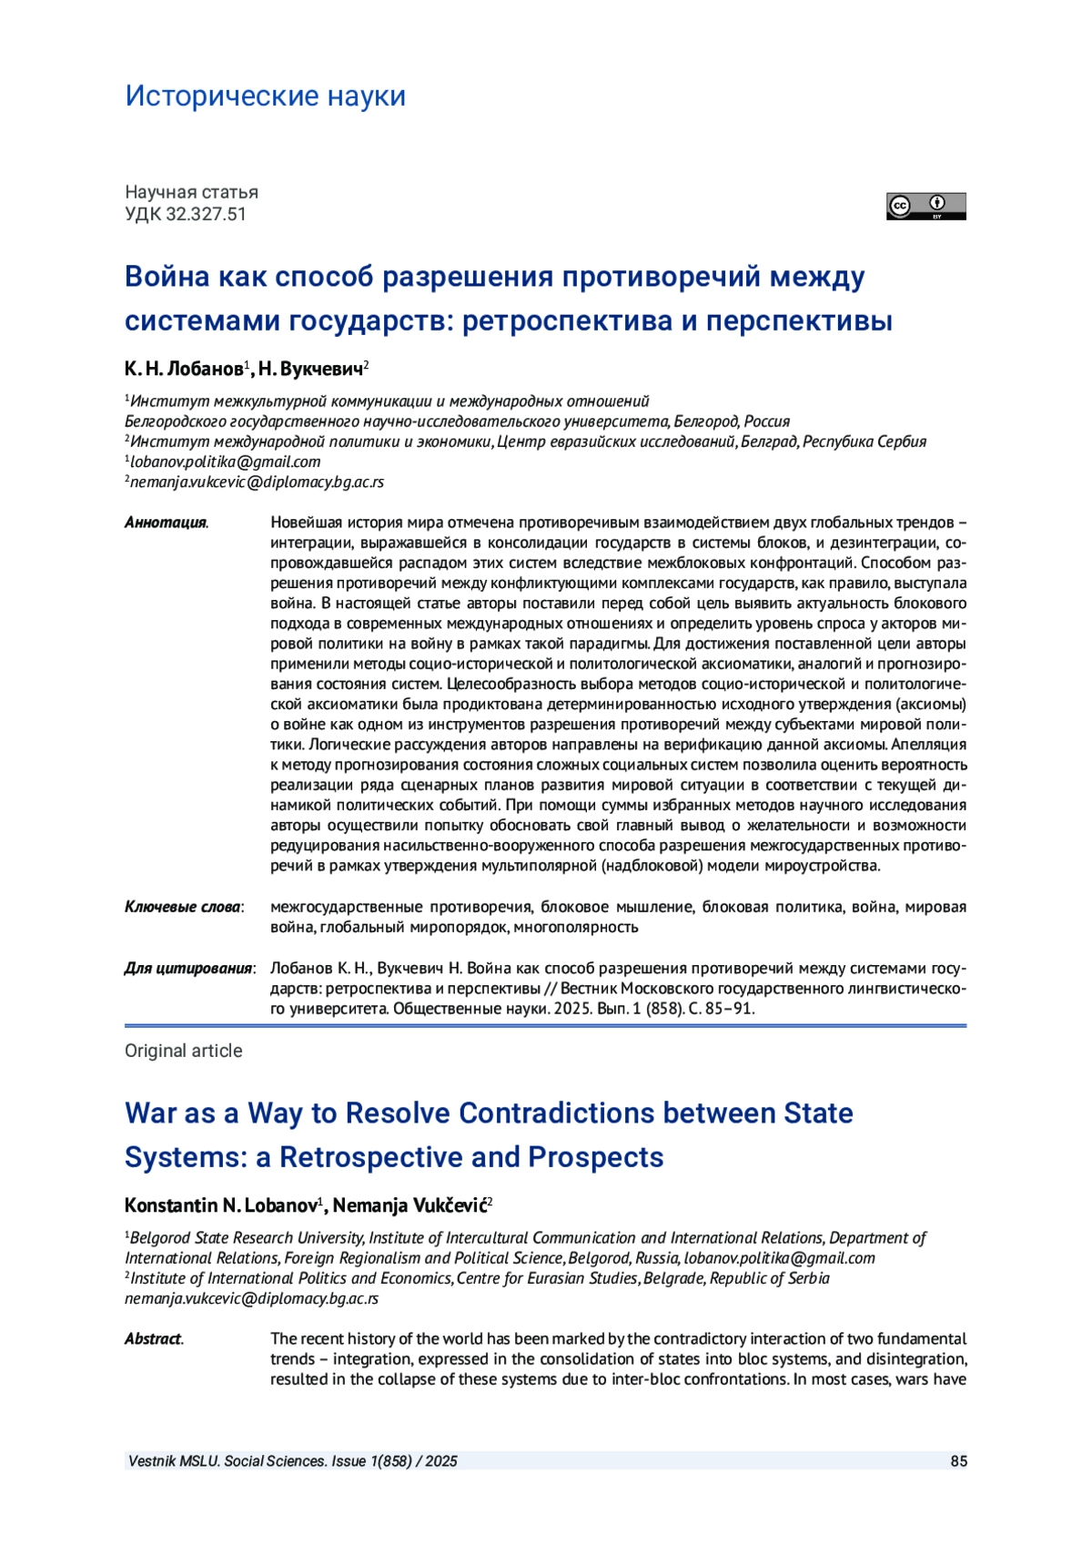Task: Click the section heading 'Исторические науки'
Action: click(265, 96)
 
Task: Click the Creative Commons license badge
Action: click(925, 207)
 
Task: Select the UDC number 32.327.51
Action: click(206, 214)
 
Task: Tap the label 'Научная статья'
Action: click(191, 192)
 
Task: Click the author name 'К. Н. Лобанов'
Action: click(184, 369)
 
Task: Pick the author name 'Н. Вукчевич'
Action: click(310, 369)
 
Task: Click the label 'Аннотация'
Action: click(166, 523)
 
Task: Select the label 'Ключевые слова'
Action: click(183, 907)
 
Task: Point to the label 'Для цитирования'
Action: click(188, 968)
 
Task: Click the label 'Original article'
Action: click(184, 1051)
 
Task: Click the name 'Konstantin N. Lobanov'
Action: click(220, 1205)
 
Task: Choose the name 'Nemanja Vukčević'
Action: click(409, 1205)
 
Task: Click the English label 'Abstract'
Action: click(153, 1338)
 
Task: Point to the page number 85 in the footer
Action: click(958, 1461)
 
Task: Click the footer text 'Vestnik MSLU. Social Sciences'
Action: click(227, 1461)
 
